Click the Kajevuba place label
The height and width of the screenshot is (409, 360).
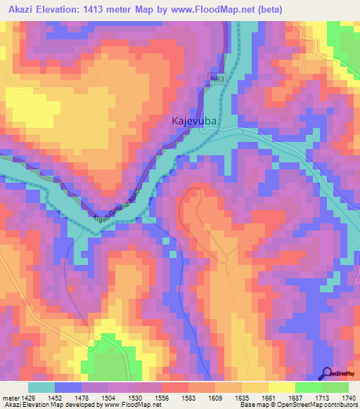[x=193, y=120]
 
